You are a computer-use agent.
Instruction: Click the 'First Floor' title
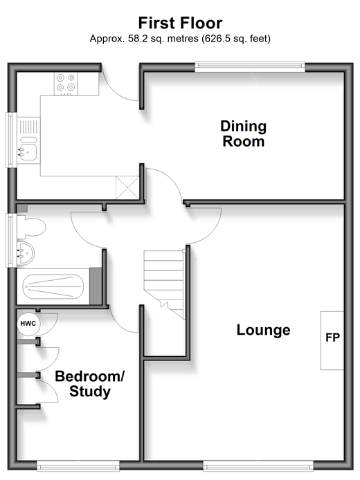(x=180, y=24)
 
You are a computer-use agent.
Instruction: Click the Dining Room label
(x=243, y=133)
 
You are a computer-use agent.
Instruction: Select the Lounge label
(x=264, y=330)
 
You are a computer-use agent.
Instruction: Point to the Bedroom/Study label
(x=90, y=384)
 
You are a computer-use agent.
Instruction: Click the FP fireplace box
(x=332, y=340)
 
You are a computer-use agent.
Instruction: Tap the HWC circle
(x=28, y=324)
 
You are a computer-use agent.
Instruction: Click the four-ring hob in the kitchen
(x=66, y=84)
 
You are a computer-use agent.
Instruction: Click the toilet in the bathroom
(x=31, y=227)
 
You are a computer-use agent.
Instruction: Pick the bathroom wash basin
(x=26, y=253)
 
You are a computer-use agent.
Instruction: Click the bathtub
(x=53, y=286)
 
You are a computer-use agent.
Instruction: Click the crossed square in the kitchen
(x=127, y=187)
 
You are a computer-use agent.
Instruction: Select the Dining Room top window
(x=250, y=66)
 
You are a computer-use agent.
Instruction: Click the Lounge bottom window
(x=259, y=465)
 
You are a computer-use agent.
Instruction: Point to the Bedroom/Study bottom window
(x=78, y=465)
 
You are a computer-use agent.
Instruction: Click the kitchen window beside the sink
(x=11, y=140)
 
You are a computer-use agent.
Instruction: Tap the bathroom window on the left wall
(x=11, y=240)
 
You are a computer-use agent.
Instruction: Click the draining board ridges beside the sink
(x=28, y=127)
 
